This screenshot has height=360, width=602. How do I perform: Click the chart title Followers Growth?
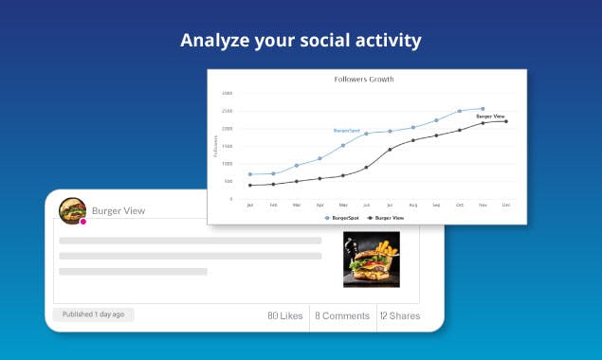364,79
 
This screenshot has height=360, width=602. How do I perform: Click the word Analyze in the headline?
213,41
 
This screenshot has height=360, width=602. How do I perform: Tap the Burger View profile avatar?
72,210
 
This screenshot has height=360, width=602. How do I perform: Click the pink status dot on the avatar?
83,222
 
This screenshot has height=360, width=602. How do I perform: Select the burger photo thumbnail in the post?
371,260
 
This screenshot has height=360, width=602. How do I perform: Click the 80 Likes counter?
284,315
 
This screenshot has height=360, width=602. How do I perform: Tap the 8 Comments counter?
341,315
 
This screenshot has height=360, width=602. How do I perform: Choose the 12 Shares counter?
399,315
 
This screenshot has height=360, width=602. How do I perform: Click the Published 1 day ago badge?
93,314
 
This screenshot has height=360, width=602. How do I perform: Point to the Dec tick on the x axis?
506,205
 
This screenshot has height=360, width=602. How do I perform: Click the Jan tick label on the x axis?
250,205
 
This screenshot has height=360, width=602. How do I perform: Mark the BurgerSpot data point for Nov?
483,108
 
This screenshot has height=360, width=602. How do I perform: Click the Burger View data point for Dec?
506,121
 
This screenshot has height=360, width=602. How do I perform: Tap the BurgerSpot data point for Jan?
250,174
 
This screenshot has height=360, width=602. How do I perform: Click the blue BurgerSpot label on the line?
347,130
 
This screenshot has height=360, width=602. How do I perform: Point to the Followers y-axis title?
216,145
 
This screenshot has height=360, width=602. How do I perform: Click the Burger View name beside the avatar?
119,210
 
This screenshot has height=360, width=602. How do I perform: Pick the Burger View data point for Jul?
390,149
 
